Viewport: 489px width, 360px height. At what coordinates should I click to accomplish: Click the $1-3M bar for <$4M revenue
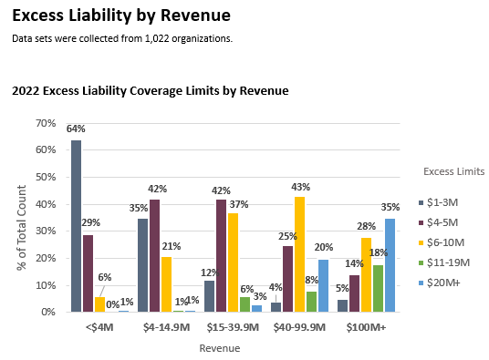[77, 226]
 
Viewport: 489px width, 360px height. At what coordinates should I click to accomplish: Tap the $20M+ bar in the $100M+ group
[390, 265]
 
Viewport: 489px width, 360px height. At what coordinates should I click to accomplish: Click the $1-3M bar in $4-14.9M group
[142, 265]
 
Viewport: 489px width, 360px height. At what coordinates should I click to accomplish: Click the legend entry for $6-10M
[450, 242]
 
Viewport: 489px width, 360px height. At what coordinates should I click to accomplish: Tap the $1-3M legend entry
[447, 202]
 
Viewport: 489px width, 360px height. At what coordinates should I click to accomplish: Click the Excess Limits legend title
[454, 171]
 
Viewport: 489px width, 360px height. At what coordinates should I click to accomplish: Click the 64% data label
[77, 129]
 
